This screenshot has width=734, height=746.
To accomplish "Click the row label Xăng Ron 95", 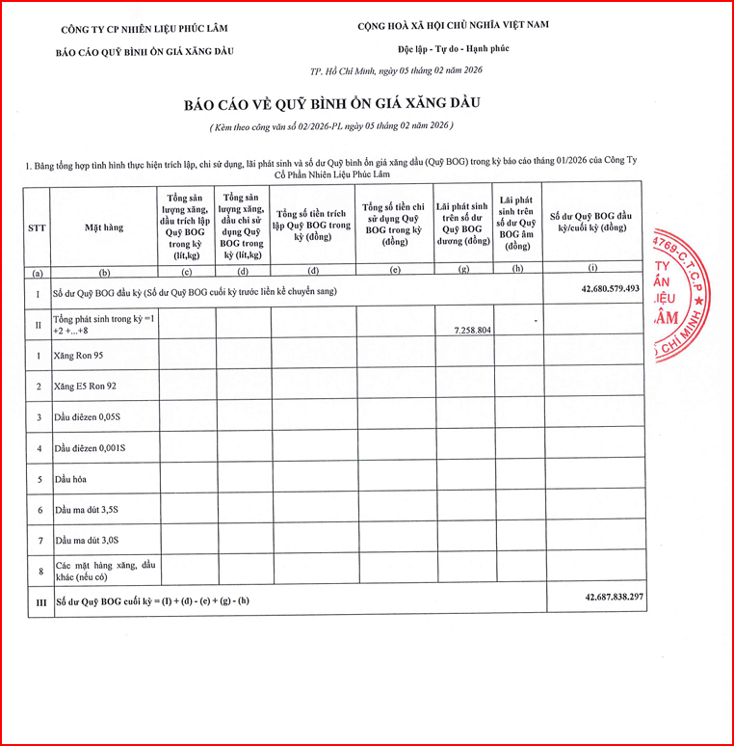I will pos(86,356).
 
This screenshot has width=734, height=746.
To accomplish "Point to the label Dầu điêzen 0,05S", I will pos(93,417).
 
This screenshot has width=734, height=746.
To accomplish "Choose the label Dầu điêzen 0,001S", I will pos(96,448).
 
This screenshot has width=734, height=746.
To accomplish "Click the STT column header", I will pos(38,227).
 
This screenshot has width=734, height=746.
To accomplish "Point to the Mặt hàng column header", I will pos(104,227).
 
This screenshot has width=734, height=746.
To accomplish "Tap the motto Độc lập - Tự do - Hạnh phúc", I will pos(453,47).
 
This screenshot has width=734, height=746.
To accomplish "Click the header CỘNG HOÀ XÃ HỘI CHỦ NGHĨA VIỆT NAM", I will pos(453,24).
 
